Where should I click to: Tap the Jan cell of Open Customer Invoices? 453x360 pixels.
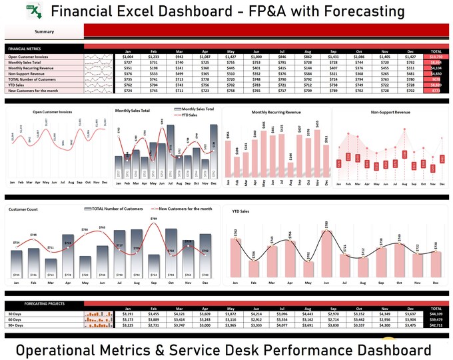128,57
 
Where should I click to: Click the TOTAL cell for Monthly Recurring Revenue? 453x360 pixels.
436,68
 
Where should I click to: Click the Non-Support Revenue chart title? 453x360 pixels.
390,112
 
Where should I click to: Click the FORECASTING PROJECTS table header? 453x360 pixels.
44,303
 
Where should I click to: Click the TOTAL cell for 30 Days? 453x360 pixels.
436,314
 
